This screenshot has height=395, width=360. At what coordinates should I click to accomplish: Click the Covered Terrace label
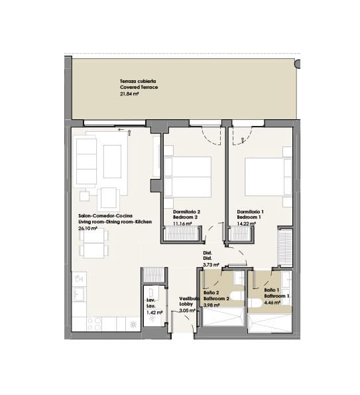click(139, 87)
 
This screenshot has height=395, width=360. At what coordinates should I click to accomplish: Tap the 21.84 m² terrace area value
click(129, 93)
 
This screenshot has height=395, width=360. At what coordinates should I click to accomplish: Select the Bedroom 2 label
click(185, 217)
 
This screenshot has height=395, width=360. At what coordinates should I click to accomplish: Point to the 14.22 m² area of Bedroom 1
click(247, 223)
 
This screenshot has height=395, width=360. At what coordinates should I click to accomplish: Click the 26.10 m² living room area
click(88, 228)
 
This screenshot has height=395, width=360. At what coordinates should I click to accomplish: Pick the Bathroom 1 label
click(276, 296)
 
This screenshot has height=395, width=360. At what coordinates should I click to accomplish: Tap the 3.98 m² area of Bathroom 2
click(211, 305)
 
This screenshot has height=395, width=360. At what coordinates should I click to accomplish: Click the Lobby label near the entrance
click(186, 304)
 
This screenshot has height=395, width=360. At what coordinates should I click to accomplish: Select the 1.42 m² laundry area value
click(154, 312)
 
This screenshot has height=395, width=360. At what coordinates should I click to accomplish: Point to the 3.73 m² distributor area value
click(211, 264)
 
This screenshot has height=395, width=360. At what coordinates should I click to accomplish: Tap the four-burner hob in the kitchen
click(94, 323)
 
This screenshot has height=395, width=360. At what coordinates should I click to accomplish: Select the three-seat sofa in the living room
click(86, 161)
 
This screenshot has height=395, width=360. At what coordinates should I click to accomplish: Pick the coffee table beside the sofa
click(112, 162)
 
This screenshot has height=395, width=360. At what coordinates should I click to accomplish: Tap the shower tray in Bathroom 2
click(223, 317)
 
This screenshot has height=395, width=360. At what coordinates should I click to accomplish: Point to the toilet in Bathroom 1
click(255, 303)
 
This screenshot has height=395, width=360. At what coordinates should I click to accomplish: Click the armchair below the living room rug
click(109, 199)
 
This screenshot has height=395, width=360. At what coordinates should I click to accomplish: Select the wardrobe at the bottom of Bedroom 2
click(182, 234)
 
